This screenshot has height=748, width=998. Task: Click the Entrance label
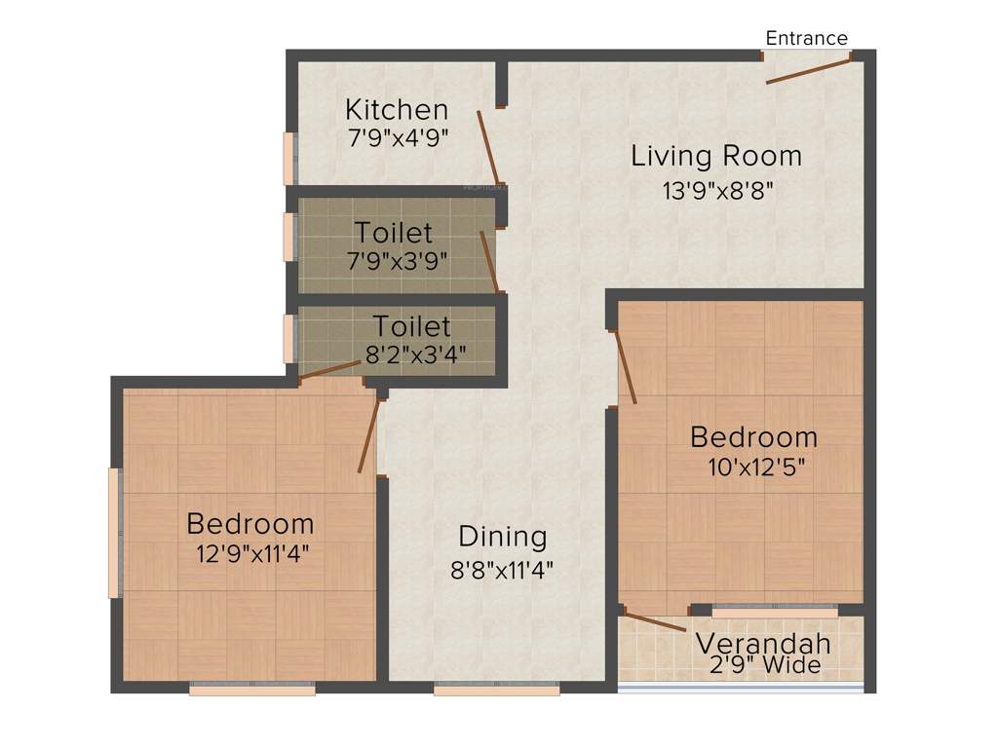(x=806, y=38)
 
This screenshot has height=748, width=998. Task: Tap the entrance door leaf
(x=808, y=69)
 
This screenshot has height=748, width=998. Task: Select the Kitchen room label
(x=397, y=109)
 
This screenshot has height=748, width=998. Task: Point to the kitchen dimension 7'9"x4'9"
(x=397, y=137)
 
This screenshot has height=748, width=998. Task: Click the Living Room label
(x=716, y=156)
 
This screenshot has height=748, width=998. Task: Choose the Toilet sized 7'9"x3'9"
(x=394, y=234)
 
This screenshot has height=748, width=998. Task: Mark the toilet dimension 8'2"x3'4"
(x=414, y=355)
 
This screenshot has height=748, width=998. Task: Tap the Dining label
(x=503, y=537)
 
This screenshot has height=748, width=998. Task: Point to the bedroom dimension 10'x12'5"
(x=756, y=467)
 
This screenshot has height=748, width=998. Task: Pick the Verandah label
(x=762, y=644)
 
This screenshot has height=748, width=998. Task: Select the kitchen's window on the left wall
(x=288, y=158)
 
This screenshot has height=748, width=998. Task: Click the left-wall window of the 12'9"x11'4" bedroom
(x=114, y=532)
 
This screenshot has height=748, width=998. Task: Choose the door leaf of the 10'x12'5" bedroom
(x=626, y=366)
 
